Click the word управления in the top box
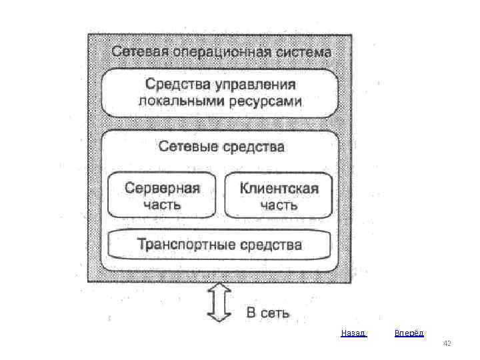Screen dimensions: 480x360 [254, 85]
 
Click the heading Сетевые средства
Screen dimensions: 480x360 [220, 147]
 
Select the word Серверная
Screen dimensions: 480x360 [162, 187]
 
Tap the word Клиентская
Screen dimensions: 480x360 [279, 187]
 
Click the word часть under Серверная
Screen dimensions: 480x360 [162, 204]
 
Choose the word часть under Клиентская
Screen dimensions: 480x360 [279, 205]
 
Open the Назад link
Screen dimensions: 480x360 [353, 332]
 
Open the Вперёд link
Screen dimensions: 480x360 [409, 332]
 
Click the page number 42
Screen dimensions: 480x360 [447, 343]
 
